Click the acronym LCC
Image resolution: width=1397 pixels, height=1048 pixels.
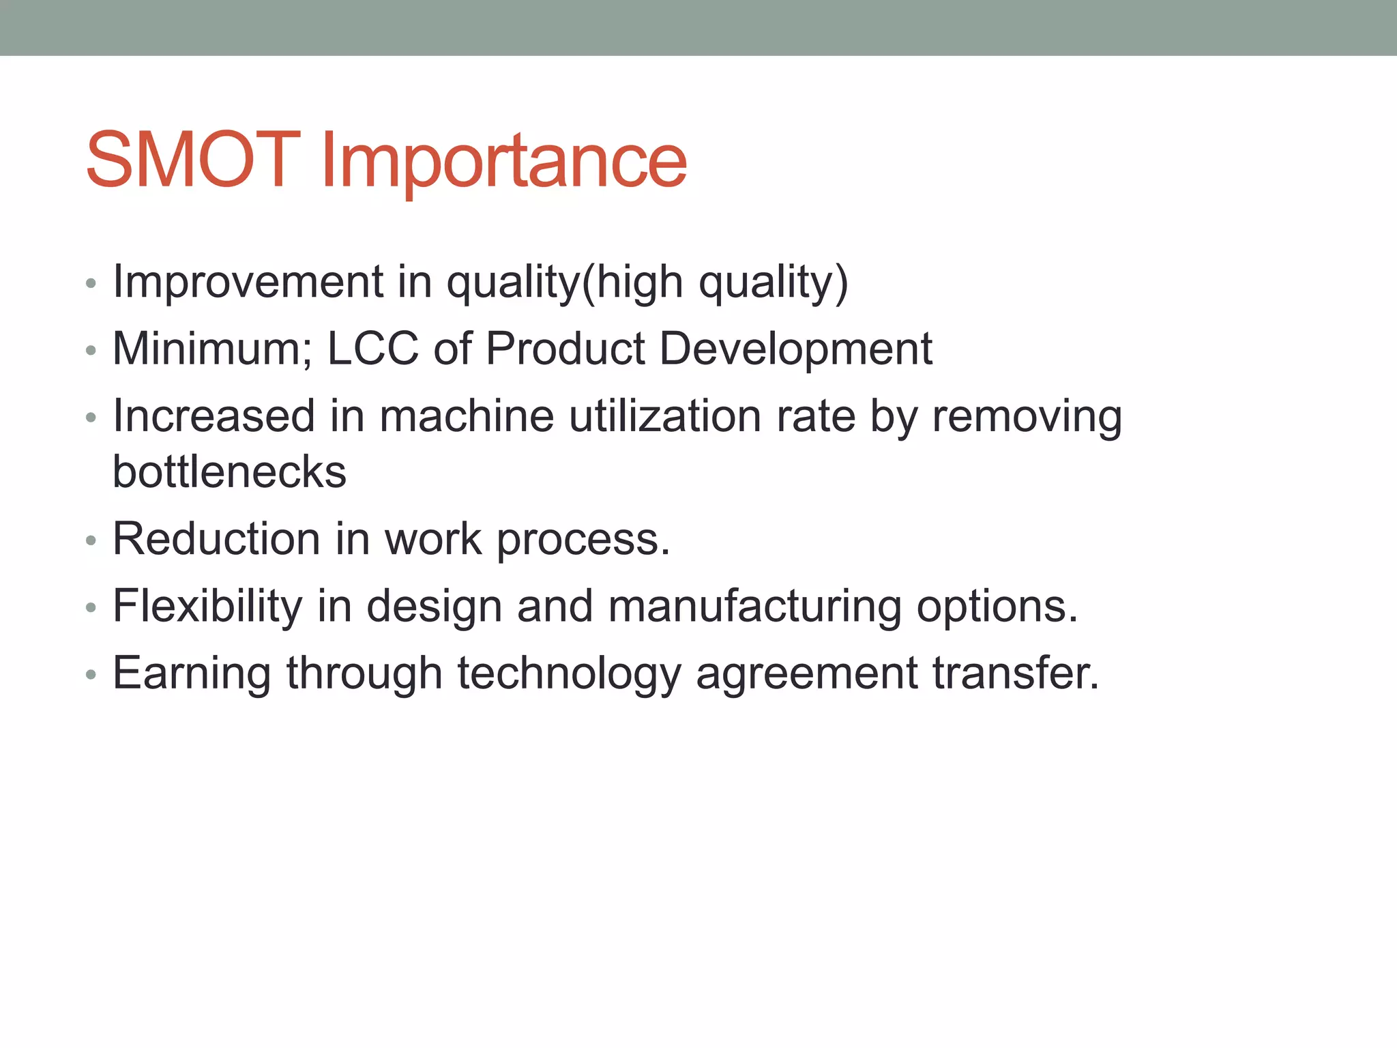click(372, 349)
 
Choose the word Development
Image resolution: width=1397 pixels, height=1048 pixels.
click(795, 349)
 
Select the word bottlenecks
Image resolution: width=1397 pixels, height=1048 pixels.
click(229, 471)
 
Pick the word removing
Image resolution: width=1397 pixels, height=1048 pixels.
click(1027, 417)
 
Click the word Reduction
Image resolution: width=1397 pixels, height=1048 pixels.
click(216, 538)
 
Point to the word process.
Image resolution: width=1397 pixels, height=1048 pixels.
click(583, 540)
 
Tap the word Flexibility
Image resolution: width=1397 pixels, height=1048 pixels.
click(207, 606)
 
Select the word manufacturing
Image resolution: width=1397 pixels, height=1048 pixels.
click(754, 606)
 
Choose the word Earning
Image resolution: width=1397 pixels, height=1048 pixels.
click(192, 674)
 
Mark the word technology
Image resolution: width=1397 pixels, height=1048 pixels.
click(569, 674)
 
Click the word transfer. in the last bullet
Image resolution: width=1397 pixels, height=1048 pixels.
click(1015, 673)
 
